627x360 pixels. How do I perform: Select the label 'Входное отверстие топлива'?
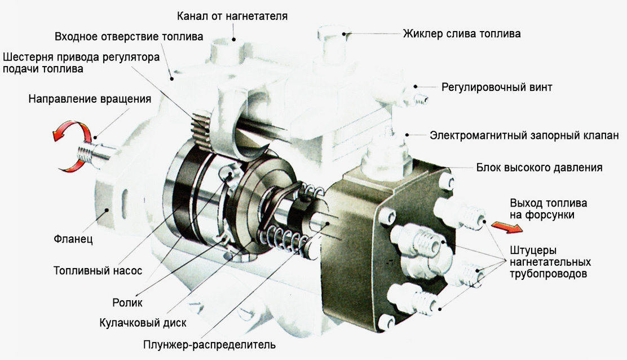tap(129, 37)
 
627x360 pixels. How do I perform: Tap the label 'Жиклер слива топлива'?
tap(461, 34)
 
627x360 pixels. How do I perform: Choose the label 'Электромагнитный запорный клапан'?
tap(524, 135)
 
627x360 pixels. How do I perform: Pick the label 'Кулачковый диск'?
tap(142, 323)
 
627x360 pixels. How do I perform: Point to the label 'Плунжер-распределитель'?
tap(209, 344)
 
